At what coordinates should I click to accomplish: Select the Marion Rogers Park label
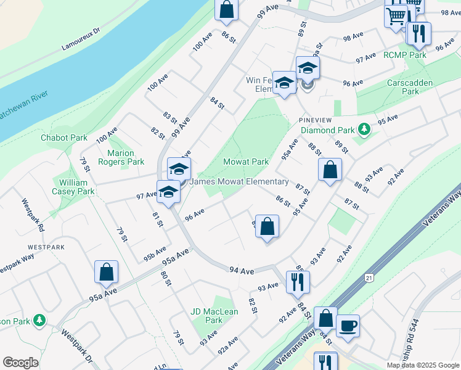point(126,157)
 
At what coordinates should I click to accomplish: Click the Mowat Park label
point(246,162)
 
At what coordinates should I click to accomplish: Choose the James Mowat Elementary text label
point(239,182)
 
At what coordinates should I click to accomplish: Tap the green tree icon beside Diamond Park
point(365,129)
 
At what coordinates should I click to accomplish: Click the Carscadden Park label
point(403,87)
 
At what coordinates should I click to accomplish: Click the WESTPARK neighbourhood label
point(46,247)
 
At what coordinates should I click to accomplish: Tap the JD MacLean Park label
point(214,316)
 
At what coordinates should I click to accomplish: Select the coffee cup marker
point(348,325)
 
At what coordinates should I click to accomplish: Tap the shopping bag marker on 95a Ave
point(107,271)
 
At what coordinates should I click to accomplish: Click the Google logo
point(20,363)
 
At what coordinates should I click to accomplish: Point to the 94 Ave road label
point(242,271)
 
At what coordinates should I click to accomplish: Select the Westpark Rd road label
point(33,215)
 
